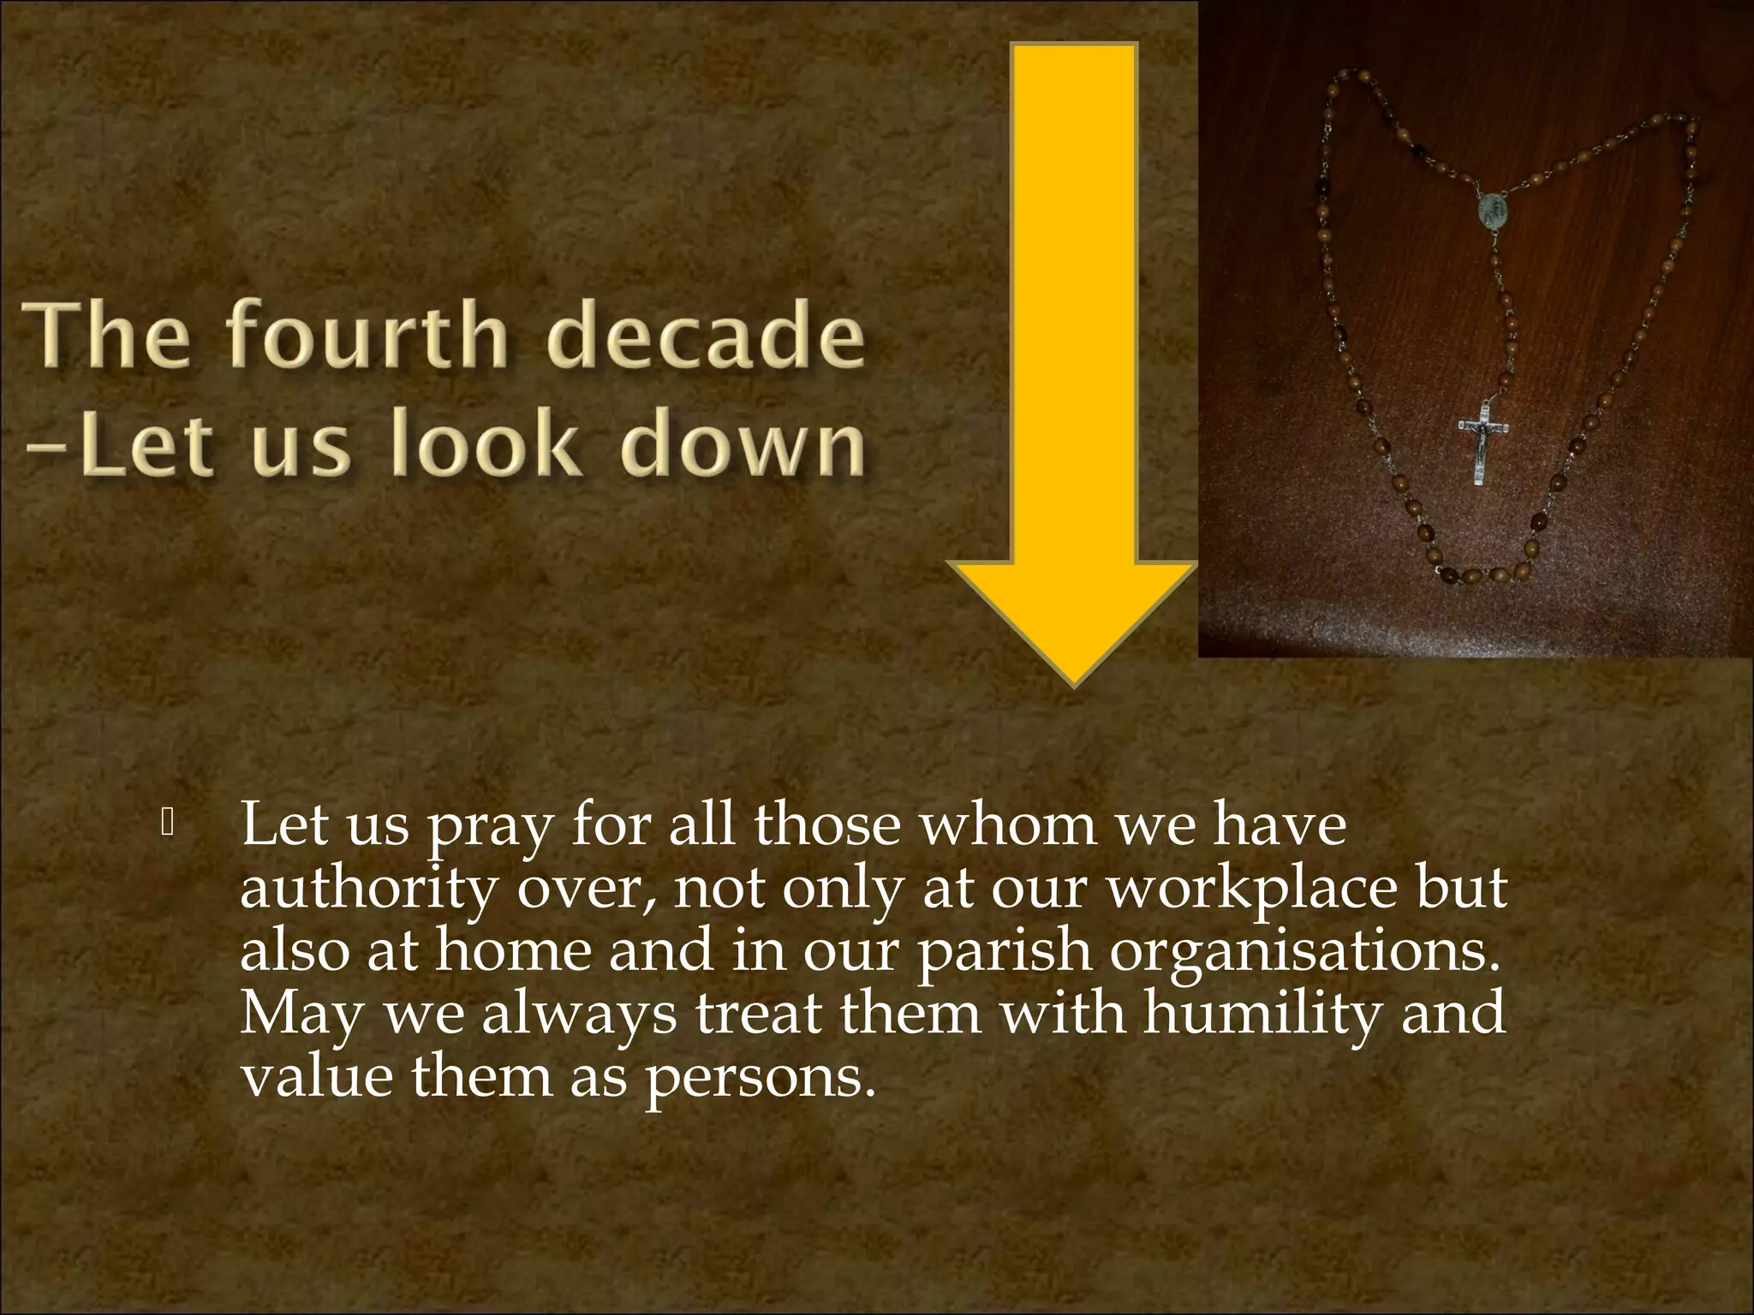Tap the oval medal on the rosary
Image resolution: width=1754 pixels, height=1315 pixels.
pyautogui.click(x=1491, y=211)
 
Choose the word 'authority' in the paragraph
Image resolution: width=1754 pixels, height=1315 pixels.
pyautogui.click(x=368, y=890)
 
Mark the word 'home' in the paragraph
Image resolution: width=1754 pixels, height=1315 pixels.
pyautogui.click(x=513, y=950)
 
